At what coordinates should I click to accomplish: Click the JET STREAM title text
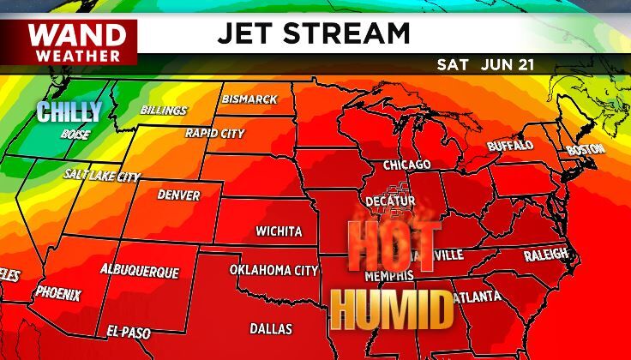pyautogui.click(x=313, y=34)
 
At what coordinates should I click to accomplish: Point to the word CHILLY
pyautogui.click(x=69, y=111)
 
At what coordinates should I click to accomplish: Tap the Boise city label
pyautogui.click(x=75, y=135)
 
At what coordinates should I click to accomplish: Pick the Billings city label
pyautogui.click(x=164, y=111)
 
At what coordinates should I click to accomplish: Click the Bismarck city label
pyautogui.click(x=249, y=99)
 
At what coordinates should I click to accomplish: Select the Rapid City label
pyautogui.click(x=215, y=134)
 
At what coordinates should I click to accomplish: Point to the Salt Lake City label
pyautogui.click(x=102, y=175)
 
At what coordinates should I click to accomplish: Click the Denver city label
pyautogui.click(x=179, y=195)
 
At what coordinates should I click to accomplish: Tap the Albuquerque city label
pyautogui.click(x=140, y=271)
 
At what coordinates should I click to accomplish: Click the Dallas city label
pyautogui.click(x=271, y=328)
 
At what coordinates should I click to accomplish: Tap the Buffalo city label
pyautogui.click(x=510, y=146)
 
